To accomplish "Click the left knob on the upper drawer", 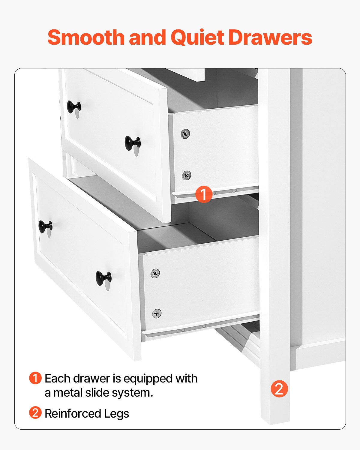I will coord(73,107).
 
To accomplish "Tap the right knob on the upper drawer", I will coord(132,143).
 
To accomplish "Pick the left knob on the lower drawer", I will coord(45,226).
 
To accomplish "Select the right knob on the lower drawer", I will coord(103,278).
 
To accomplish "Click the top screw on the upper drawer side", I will coord(185,133).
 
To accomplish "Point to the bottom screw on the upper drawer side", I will coord(186,175).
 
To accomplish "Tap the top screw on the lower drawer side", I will coord(155,273).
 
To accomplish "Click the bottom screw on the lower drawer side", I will coord(157,313).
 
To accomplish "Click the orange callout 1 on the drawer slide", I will coord(204,194).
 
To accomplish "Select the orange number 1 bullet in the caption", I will coord(35,378).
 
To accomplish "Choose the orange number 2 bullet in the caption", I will coord(35,413).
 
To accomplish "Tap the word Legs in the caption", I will coord(117,414).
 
